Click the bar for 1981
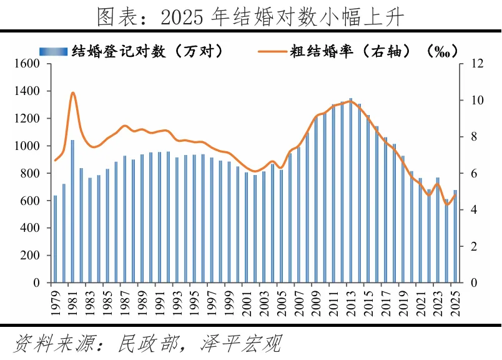pos(72,211)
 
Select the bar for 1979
pos(55,239)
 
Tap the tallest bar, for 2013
pos(351,191)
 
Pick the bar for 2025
pos(455,236)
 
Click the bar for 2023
pos(438,230)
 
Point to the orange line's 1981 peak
pos(72,93)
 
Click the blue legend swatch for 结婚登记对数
pos(54,51)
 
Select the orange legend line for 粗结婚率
pos(272,51)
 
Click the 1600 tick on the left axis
pos(27,64)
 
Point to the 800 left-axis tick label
pos(30,173)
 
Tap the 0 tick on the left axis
pos(36,282)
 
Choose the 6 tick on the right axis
pos(474,173)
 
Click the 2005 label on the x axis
pos(282,303)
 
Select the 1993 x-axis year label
pos(177,303)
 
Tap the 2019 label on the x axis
pos(403,303)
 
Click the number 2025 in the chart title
pos(182,17)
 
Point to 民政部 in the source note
pos(148,344)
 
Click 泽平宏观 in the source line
pos(241,344)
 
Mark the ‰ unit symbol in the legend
pos(442,51)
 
